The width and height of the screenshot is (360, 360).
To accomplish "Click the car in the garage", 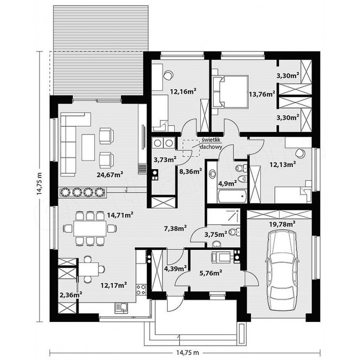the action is [281, 270].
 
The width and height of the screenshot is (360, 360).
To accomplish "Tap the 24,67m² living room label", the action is [109, 175].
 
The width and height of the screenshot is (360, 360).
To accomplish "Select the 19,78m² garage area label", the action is [282, 224].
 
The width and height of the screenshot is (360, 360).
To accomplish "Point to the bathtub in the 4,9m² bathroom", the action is [232, 197].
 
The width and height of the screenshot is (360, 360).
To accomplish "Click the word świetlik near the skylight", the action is [211, 140].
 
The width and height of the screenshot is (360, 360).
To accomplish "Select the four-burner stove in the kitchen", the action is [141, 289].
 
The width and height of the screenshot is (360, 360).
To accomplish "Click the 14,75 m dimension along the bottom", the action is [187, 352].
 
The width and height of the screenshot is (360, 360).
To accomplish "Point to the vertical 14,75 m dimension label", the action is [39, 183].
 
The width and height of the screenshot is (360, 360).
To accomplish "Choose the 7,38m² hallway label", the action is [175, 228].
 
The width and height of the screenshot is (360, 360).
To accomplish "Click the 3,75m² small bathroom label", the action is [215, 234].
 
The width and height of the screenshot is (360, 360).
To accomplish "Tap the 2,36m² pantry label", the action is [71, 295].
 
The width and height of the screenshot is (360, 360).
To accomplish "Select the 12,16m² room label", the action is [183, 91].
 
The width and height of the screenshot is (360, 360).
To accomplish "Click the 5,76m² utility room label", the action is [210, 273].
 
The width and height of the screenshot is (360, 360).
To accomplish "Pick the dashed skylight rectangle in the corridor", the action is [191, 148].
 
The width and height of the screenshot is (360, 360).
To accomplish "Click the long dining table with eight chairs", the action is [90, 228].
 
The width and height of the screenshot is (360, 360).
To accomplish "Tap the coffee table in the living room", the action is [88, 147].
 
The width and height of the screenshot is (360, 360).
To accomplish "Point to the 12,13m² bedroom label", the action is [282, 164].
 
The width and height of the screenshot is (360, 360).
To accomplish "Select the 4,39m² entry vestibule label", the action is [175, 268].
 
